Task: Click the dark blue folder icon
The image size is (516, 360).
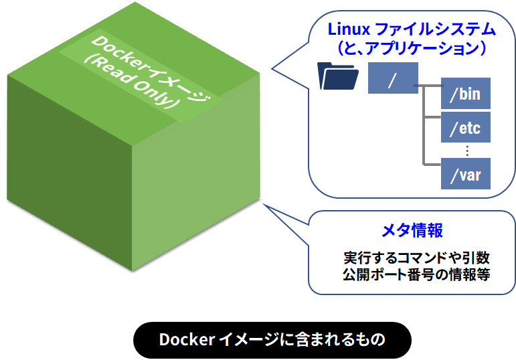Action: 340,76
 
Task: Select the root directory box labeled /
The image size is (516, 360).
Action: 393,78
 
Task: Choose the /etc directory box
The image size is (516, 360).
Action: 466,127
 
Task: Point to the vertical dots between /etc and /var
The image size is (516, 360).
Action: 466,151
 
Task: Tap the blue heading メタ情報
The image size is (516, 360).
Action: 412,231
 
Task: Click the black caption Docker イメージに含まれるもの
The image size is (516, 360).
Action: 272,340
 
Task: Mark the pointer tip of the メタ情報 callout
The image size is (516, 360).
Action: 265,204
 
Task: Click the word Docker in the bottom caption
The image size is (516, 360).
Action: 187,340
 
